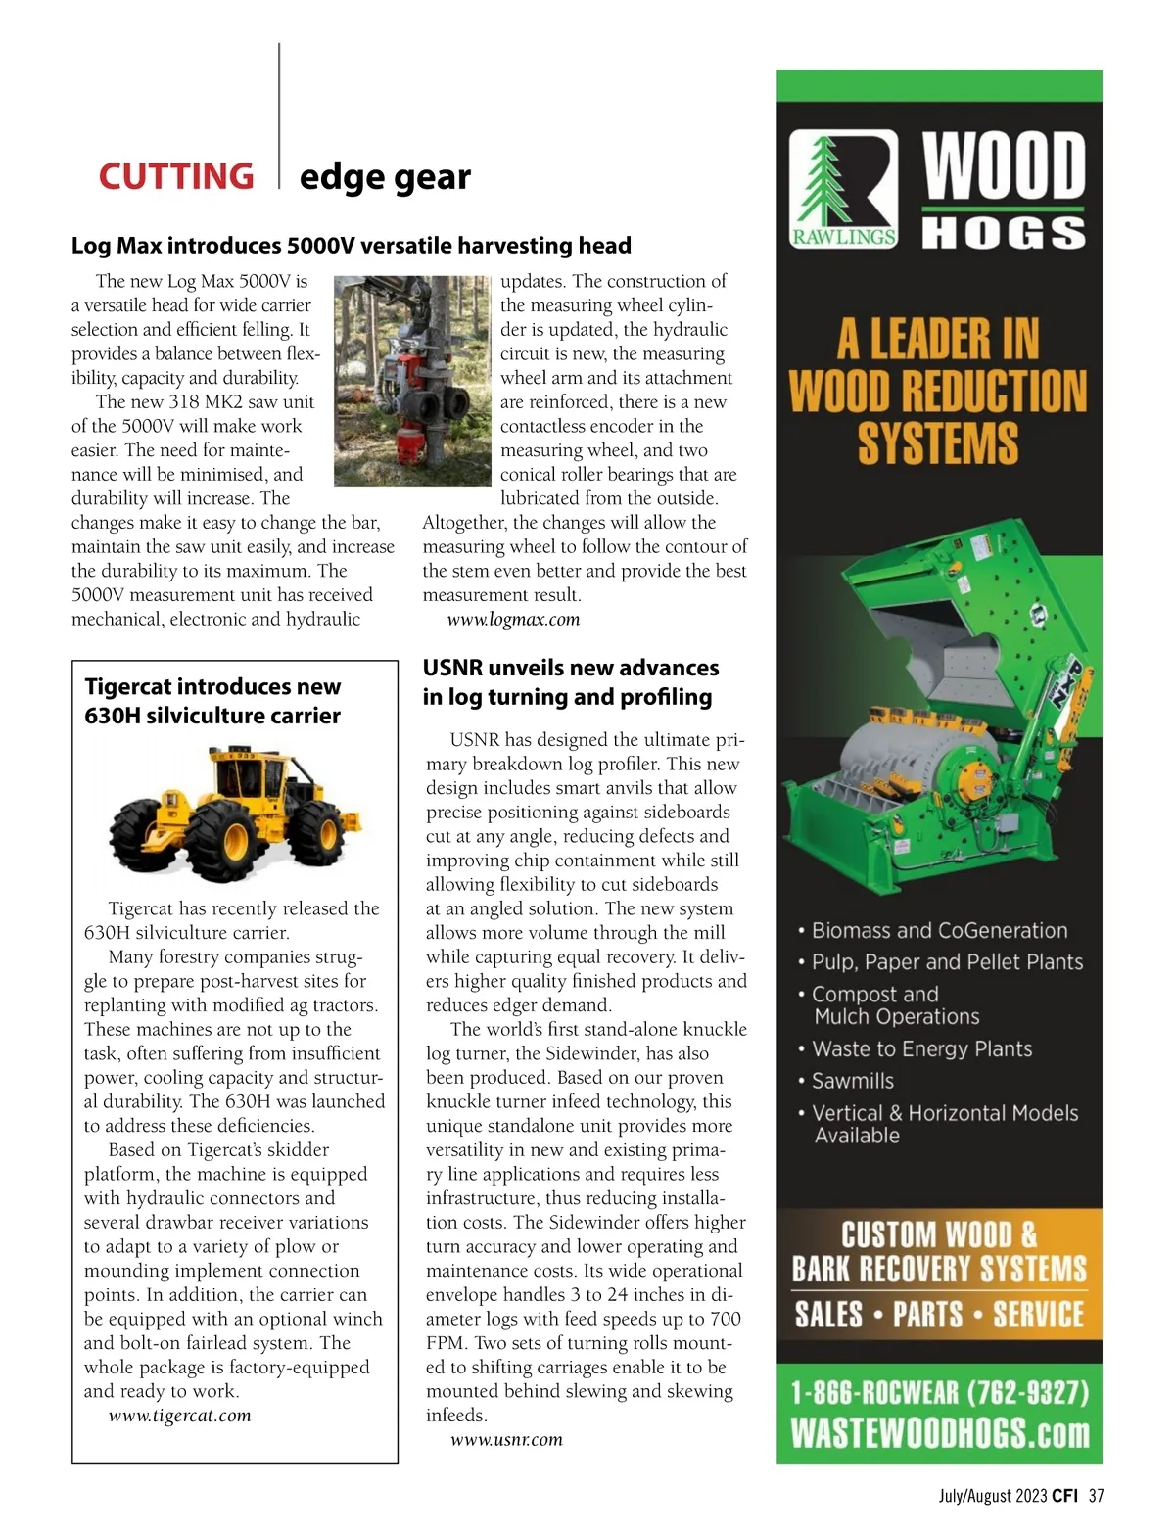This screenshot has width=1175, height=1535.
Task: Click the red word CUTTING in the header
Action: pos(176,176)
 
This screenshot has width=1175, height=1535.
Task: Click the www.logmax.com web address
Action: pos(513,620)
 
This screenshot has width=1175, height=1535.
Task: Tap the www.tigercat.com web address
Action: pos(179,1416)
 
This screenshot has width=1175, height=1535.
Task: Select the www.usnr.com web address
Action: pos(506,1440)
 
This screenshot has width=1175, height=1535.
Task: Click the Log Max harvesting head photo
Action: pos(411,381)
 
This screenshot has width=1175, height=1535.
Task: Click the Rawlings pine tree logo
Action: pos(844,190)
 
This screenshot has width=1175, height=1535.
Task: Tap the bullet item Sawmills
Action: pos(852,1081)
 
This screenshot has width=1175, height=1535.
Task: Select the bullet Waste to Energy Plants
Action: pos(921,1049)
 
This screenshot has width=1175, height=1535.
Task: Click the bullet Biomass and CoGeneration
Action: pos(939,931)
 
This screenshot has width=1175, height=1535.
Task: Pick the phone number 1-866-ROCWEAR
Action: pos(939,1393)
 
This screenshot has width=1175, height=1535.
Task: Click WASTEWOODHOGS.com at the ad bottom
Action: pos(939,1434)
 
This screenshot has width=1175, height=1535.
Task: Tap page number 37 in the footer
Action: pos(1097,1496)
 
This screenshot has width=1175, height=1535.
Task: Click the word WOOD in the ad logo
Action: pos(1004,165)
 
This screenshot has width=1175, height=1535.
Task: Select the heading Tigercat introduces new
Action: pos(212,687)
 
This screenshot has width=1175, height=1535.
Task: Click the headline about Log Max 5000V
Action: pos(351,246)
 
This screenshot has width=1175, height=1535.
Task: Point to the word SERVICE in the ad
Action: pos(1038,1315)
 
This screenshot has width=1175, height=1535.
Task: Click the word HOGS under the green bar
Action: pos(1004,233)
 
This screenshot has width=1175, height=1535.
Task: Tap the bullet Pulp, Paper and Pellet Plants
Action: pos(947,962)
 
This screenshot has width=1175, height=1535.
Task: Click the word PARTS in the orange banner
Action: pos(927,1315)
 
